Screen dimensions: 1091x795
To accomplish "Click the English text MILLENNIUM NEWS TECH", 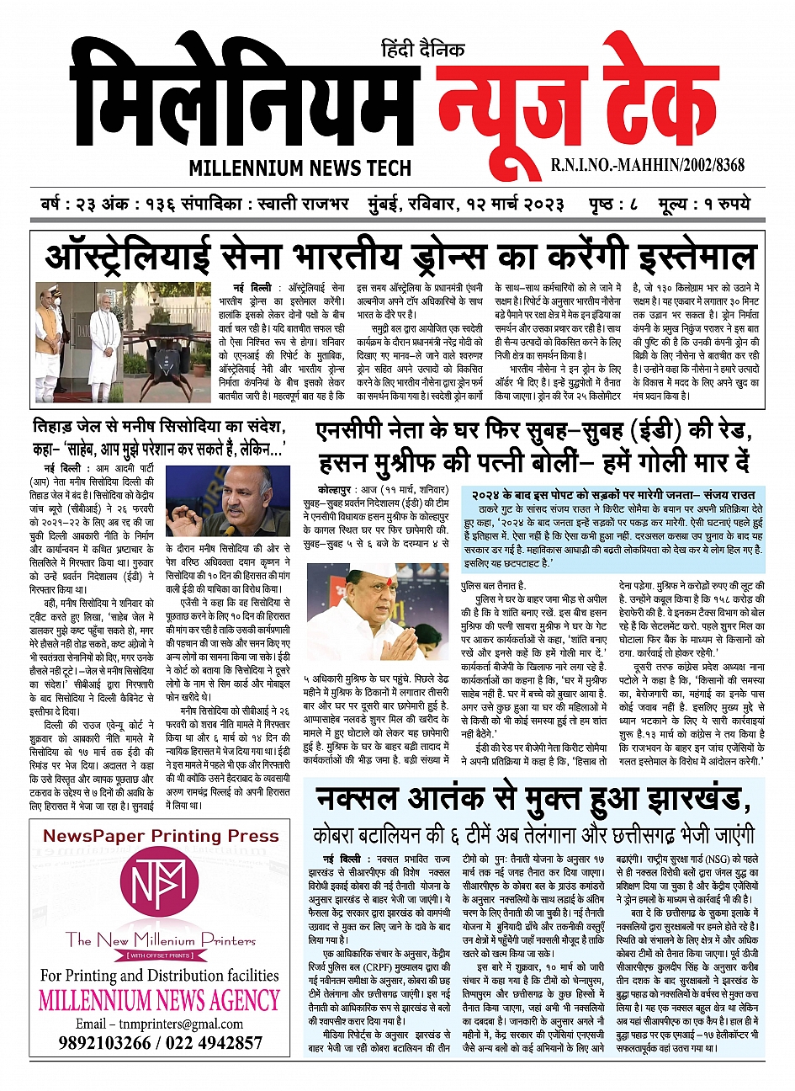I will click(299, 168).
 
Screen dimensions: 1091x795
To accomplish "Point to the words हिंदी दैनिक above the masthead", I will click(422, 50).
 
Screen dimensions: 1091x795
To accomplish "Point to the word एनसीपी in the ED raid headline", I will click(350, 432).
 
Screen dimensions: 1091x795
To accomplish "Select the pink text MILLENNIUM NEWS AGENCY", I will click(159, 1002).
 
